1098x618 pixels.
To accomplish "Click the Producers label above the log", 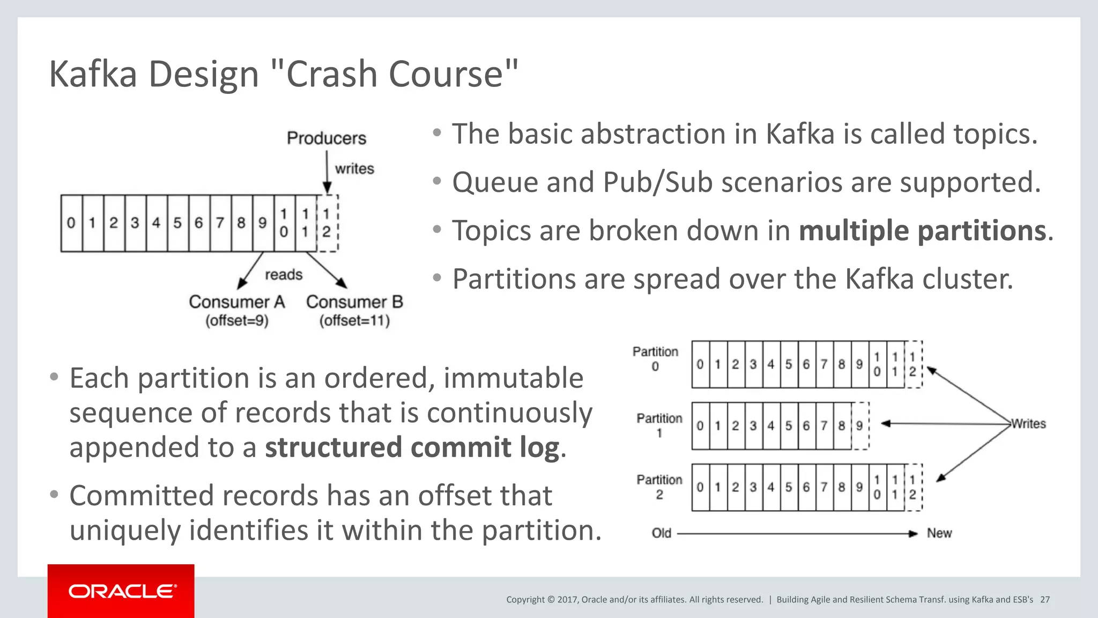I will (326, 138).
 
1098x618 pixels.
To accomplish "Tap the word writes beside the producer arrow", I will (354, 168).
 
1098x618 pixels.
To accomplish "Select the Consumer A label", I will (236, 302).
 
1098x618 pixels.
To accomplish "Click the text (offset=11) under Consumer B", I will (354, 321).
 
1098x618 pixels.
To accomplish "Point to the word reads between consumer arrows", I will (284, 275).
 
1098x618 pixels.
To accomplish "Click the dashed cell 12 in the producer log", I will (327, 223).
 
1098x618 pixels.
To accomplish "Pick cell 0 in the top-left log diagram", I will (71, 223).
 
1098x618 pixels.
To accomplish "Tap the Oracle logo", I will (122, 591).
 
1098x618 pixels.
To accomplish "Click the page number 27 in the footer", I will (1045, 600).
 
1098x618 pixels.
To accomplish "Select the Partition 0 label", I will (655, 358).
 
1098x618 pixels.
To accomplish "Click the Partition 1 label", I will (659, 425).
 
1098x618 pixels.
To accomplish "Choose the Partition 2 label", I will (659, 487).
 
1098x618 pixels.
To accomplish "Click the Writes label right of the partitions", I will (1028, 424).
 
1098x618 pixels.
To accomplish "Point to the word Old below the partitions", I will (661, 533).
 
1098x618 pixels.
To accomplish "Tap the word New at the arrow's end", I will (939, 533).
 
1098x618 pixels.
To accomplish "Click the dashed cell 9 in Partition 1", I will (859, 426).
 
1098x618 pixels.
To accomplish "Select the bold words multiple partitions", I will (922, 231).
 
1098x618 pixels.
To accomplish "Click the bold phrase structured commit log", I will (412, 447).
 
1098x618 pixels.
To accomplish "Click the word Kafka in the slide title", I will (93, 74).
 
